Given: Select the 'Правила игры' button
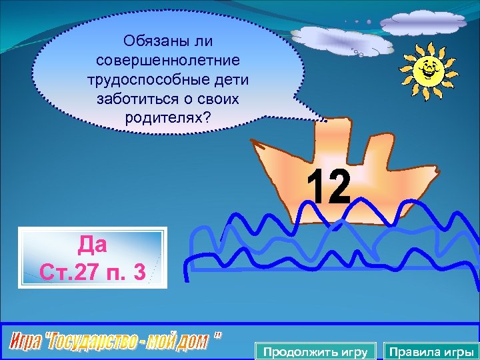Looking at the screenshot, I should [x=431, y=352].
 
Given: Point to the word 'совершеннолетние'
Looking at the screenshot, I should [x=167, y=61].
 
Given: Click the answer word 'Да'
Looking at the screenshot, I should [x=92, y=245].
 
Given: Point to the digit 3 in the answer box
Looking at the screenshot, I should [x=139, y=271].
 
